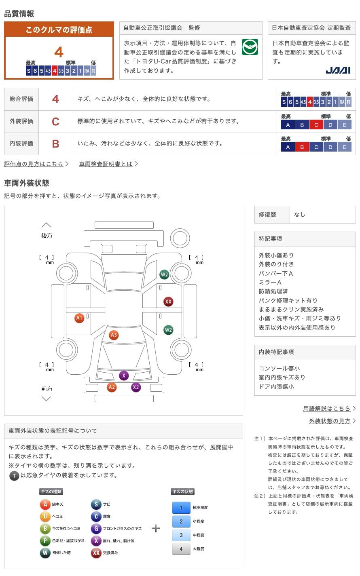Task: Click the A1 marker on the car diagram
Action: [x=79, y=318]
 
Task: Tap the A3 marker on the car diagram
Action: [x=114, y=335]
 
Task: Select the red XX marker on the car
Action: [x=168, y=302]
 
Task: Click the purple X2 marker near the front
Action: [x=136, y=387]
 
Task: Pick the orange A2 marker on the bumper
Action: [x=112, y=387]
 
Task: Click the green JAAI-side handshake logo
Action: [x=250, y=47]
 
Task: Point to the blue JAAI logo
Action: [x=338, y=71]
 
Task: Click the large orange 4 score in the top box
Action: [x=59, y=52]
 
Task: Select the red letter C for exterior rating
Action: [x=55, y=121]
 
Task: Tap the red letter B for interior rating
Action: [x=55, y=143]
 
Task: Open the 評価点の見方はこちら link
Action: [x=34, y=164]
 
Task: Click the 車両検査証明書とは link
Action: [x=106, y=164]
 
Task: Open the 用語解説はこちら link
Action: [x=326, y=408]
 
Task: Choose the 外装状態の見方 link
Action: [x=330, y=421]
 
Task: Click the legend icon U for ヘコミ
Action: [x=45, y=517]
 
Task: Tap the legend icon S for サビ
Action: [x=96, y=504]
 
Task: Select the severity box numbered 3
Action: [x=181, y=535]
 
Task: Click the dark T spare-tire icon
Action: [x=14, y=476]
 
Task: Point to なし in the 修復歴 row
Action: [x=300, y=215]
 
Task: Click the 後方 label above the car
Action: [x=47, y=235]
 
